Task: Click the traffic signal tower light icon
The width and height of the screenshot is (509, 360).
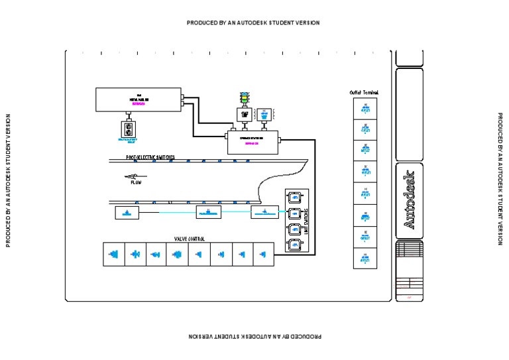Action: [x=244, y=99]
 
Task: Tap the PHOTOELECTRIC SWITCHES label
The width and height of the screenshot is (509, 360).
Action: [x=150, y=157]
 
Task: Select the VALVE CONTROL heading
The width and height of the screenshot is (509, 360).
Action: [x=189, y=238]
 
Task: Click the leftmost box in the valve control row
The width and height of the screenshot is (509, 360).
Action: [x=114, y=254]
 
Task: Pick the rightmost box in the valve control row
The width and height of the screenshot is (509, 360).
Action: [x=263, y=254]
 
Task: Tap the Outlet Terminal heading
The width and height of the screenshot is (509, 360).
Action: [x=364, y=92]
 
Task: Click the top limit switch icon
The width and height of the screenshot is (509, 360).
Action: [x=294, y=197]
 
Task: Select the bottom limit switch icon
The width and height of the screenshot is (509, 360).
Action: [x=294, y=245]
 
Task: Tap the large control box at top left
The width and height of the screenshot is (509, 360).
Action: [x=139, y=100]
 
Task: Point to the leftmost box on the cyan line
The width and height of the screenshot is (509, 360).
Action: [x=127, y=212]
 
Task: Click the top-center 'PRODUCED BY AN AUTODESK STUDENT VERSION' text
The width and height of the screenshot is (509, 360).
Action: [x=253, y=23]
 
